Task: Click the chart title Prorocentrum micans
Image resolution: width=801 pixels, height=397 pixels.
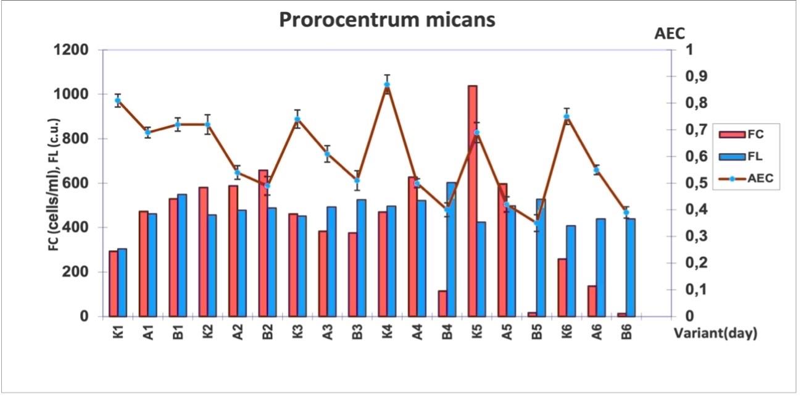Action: (x=388, y=20)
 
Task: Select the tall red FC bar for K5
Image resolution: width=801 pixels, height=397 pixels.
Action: (x=472, y=201)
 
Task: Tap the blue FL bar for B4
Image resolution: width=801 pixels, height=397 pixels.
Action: (x=451, y=249)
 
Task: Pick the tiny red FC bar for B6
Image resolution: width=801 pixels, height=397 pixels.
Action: (x=622, y=315)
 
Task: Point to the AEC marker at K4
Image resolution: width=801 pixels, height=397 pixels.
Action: (x=387, y=85)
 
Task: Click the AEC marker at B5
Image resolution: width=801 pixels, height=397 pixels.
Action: (x=536, y=223)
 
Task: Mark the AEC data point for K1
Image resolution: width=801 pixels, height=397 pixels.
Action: (x=118, y=101)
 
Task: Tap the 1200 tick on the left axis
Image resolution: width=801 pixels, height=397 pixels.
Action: (x=70, y=50)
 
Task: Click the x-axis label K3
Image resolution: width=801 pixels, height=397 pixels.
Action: (x=297, y=331)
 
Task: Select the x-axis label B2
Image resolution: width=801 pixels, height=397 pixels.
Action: (x=267, y=331)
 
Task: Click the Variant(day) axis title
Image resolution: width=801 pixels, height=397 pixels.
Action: (x=716, y=333)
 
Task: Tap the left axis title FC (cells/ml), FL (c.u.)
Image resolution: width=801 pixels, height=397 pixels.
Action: (x=54, y=185)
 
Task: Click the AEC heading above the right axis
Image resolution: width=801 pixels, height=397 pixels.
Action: (x=670, y=34)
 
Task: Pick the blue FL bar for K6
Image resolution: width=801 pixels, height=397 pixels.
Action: (x=571, y=271)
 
